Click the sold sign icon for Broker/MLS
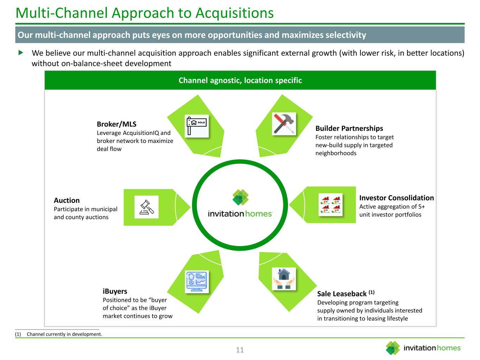(x=197, y=126)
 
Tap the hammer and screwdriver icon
(x=284, y=124)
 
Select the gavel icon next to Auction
(x=147, y=207)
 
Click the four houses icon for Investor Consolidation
(x=330, y=205)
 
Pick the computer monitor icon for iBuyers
(x=197, y=281)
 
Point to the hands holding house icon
(x=284, y=279)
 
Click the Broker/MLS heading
(x=116, y=124)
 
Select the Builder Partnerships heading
(x=349, y=128)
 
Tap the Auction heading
(x=66, y=200)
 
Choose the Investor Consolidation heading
(x=396, y=198)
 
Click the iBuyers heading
(x=115, y=291)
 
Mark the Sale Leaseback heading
(x=342, y=294)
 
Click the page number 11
(x=240, y=350)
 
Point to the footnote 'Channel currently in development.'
(x=64, y=334)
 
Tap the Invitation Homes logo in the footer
(x=423, y=348)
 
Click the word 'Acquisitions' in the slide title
(x=234, y=13)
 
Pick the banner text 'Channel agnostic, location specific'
(x=240, y=81)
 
